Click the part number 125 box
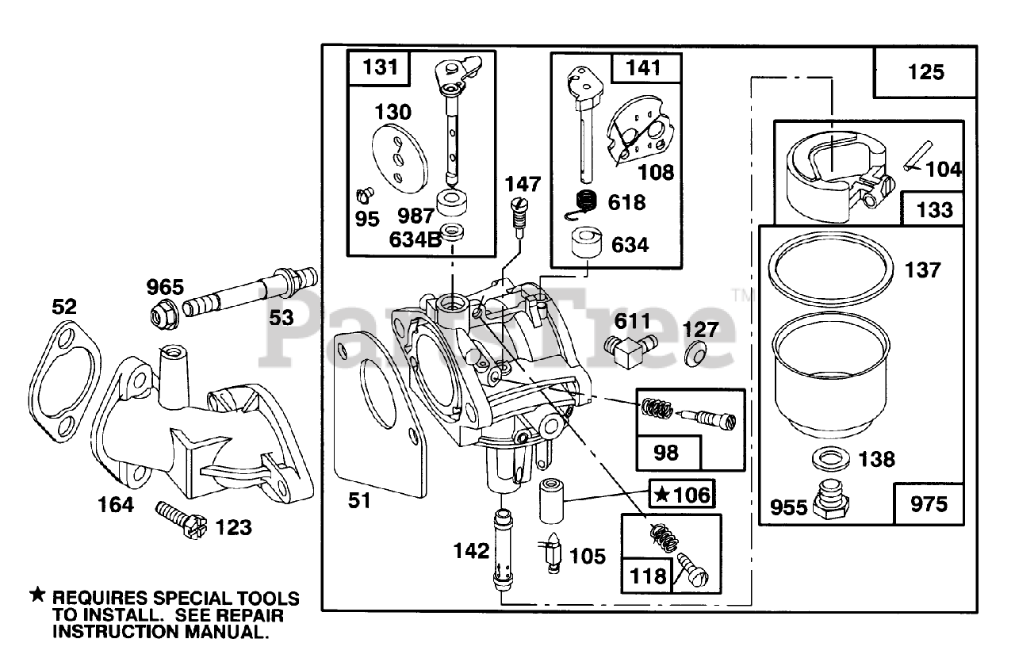pyautogui.click(x=925, y=71)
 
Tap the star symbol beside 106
pyautogui.click(x=662, y=495)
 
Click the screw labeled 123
pyautogui.click(x=181, y=520)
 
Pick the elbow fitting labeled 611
pyautogui.click(x=630, y=351)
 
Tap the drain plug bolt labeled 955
pyautogui.click(x=830, y=500)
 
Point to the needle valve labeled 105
pyautogui.click(x=551, y=553)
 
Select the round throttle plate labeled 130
pyautogui.click(x=400, y=158)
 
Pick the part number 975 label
pyautogui.click(x=929, y=504)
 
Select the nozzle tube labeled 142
pyautogui.click(x=502, y=551)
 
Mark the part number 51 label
pyautogui.click(x=359, y=501)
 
